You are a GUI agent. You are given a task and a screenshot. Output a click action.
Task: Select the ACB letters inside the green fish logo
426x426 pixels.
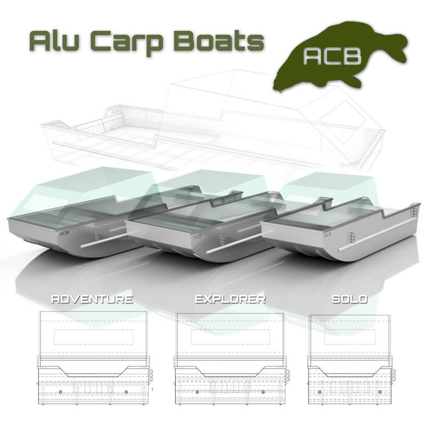(x=332, y=57)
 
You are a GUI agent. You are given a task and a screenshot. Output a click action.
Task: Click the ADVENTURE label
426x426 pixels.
(x=92, y=299)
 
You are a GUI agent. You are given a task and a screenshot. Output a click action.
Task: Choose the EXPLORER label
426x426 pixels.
(x=230, y=299)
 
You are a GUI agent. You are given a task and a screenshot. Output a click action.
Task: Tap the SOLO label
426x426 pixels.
(x=349, y=299)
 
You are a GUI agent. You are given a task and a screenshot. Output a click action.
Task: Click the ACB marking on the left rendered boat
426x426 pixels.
(x=64, y=233)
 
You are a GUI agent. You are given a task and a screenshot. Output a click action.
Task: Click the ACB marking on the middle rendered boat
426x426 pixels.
(x=197, y=237)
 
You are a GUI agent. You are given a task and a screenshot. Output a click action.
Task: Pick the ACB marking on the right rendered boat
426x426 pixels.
(x=328, y=234)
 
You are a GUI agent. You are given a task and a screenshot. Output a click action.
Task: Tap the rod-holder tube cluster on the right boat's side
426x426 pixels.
(x=351, y=236)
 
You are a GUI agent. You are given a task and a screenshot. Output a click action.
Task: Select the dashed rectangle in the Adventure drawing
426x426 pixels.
(x=94, y=337)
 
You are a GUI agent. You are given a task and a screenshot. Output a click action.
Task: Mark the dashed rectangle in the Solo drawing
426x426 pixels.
(x=350, y=337)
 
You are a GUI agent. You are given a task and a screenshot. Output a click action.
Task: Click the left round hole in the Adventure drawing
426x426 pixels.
(x=60, y=392)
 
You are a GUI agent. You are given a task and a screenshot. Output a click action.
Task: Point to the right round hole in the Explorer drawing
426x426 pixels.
(x=263, y=392)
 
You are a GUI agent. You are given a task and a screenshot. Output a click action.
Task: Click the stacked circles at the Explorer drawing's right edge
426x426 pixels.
(x=288, y=375)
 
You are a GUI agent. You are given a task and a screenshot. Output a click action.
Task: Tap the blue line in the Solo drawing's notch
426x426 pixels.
(x=349, y=374)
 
